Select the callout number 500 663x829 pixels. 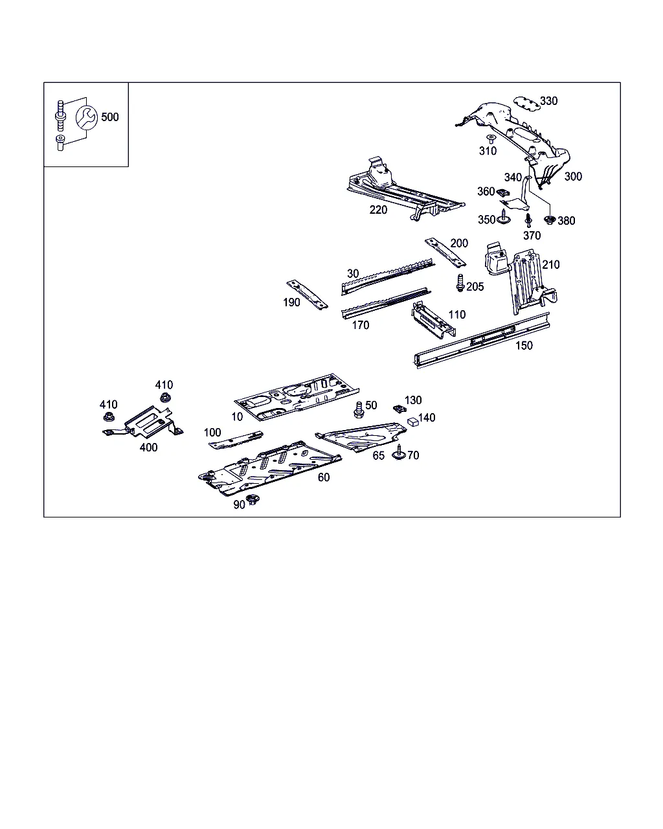click(x=110, y=117)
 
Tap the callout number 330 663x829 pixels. click(x=548, y=101)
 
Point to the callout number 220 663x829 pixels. click(x=378, y=210)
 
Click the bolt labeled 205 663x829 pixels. click(x=460, y=283)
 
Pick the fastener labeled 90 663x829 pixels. click(x=253, y=500)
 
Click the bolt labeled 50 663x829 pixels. click(x=358, y=410)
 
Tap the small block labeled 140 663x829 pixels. click(x=412, y=421)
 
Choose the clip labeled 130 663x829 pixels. click(x=399, y=409)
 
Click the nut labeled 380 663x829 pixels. click(x=550, y=221)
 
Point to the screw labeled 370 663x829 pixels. click(x=528, y=220)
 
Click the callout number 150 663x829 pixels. click(x=524, y=346)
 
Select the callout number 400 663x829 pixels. click(x=148, y=448)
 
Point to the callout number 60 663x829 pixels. click(x=324, y=477)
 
